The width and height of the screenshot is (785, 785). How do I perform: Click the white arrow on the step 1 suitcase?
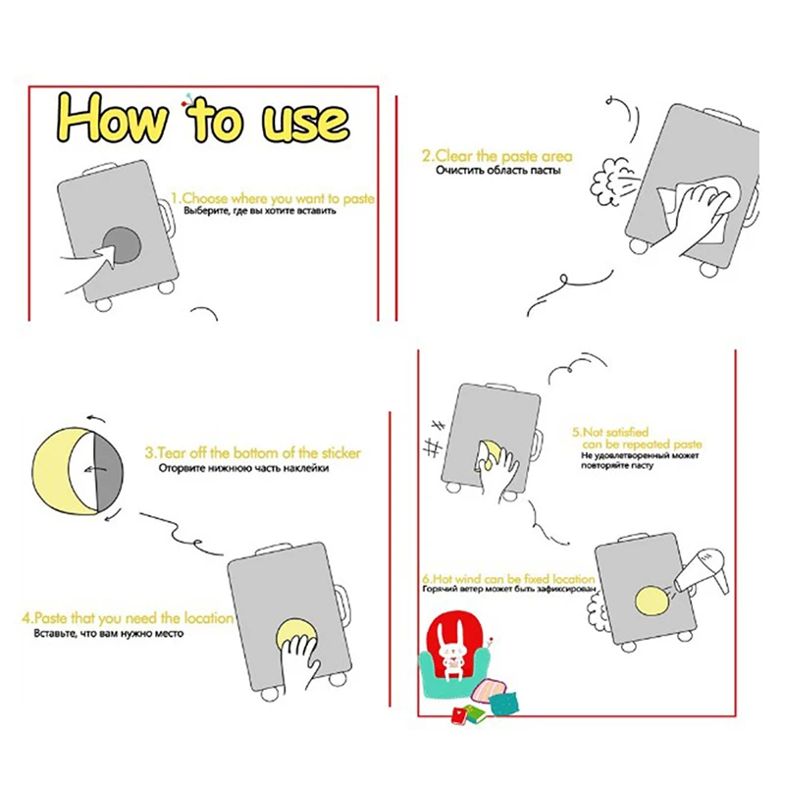107,253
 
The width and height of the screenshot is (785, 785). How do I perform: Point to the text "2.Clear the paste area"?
497,156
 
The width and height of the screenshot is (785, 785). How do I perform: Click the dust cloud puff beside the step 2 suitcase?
607,182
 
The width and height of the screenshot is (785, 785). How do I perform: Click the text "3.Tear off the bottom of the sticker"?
253,453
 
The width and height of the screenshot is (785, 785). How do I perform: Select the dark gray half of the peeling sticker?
109,471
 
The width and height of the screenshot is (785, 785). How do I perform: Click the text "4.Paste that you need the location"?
128,618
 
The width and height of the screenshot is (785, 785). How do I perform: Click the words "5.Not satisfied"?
610,432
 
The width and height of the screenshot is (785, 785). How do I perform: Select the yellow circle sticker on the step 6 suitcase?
653,601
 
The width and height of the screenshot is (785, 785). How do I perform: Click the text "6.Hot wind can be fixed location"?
508,579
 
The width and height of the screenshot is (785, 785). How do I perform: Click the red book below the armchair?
460,716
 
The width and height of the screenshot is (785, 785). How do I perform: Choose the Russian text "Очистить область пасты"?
498,171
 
